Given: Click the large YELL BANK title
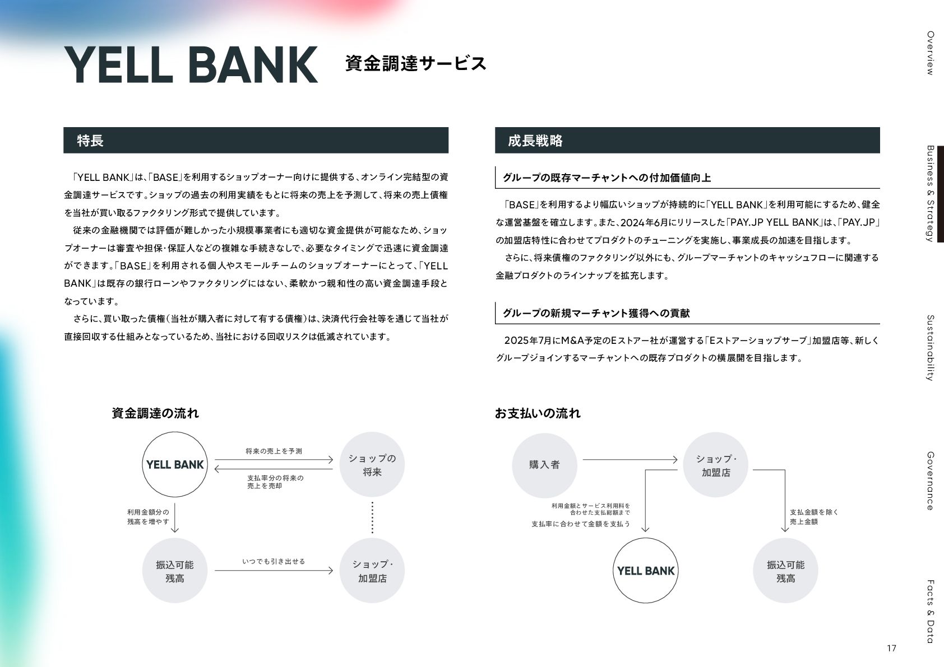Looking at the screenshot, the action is pos(191,64).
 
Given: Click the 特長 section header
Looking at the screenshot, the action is pos(90,141).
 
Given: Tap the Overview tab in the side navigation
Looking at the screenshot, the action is pos(929,53).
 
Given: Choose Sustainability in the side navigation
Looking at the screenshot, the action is pos(929,348).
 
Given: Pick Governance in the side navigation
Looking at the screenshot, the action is pos(929,481).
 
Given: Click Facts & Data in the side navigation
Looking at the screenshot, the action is pos(929,611).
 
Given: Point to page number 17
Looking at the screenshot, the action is pos(891,649).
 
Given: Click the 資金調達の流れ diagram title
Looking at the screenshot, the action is pos(155,413).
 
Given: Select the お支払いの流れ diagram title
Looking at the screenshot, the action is pos(537,413).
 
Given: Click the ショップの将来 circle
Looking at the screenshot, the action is pos(372,465).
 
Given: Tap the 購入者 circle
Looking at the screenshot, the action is pos(544,465).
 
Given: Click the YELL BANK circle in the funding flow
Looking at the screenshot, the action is pos(175,465).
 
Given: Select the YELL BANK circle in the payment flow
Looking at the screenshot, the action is pos(646,571).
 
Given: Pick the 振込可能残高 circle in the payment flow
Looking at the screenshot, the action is pos(785,571).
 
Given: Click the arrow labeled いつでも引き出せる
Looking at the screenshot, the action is pos(274,571).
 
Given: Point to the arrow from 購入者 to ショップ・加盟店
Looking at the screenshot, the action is pos(630,460).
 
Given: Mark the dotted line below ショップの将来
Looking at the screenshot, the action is pos(372,517).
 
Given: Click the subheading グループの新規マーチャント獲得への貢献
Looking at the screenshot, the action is pos(596,313).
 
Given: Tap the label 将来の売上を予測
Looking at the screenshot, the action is pos(274,451).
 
